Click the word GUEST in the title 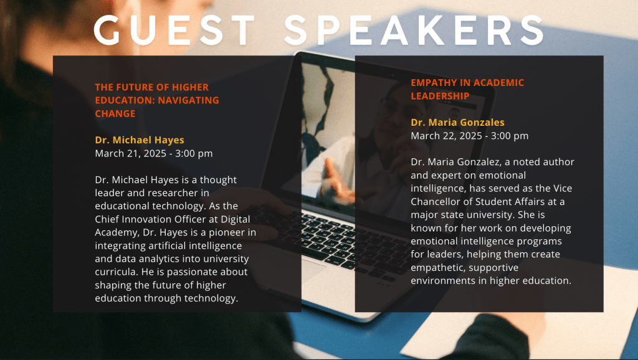[174, 30]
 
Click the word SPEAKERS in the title [414, 30]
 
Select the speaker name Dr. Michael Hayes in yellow [140, 140]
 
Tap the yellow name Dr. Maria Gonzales [457, 123]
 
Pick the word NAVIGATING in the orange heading [188, 100]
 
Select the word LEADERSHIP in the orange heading [440, 96]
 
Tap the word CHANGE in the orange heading [115, 113]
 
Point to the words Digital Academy [173, 225]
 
